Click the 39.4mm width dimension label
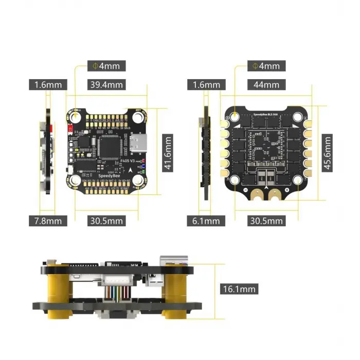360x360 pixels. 106,84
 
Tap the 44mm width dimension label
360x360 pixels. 266,84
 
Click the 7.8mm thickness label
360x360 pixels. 48,221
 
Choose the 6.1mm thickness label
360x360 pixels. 206,221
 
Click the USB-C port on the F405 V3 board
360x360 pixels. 139,144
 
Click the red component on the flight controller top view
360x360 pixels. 69,129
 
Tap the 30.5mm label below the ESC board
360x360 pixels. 266,221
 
